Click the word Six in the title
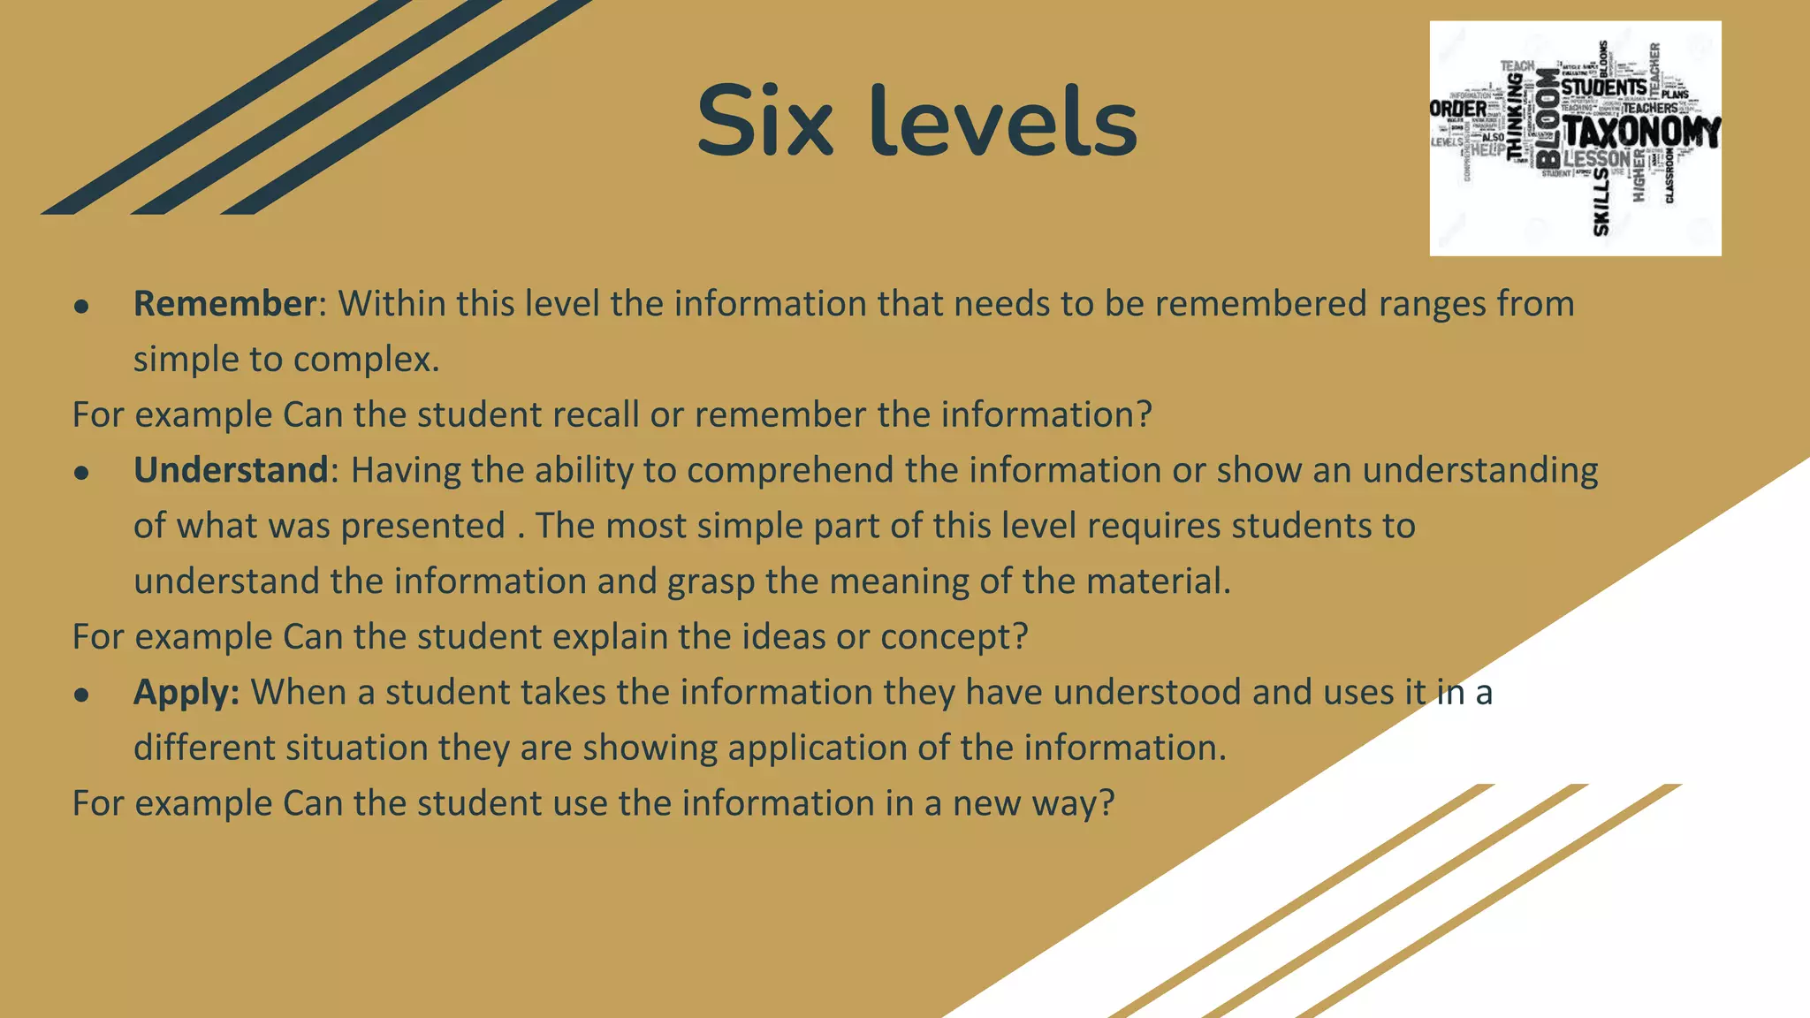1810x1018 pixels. click(764, 121)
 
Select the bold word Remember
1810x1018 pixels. click(224, 304)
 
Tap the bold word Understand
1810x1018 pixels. click(231, 470)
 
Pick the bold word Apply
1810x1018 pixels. click(186, 693)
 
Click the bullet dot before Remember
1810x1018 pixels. click(82, 307)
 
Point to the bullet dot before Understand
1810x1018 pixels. click(82, 474)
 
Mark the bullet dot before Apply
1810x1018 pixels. click(82, 695)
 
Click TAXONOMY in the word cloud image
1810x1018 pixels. click(1641, 133)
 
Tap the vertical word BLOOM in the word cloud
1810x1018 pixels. click(1548, 118)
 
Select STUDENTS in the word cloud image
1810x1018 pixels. click(1603, 87)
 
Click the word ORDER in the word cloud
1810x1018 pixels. click(1458, 109)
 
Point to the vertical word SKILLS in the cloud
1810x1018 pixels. click(1601, 202)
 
